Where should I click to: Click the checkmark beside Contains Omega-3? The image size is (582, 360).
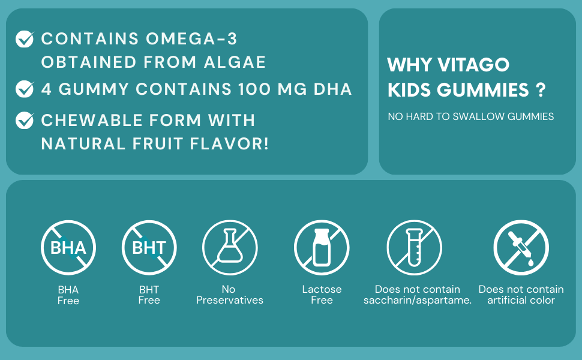coord(25,39)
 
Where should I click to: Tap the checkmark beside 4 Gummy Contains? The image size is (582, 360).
coord(25,89)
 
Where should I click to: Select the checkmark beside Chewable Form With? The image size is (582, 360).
coord(25,120)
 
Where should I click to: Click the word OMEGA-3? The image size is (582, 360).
coord(191,39)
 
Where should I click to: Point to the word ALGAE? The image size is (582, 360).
coord(235,62)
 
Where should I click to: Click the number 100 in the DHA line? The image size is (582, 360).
coord(254,89)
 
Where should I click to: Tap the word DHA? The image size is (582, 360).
coord(332,89)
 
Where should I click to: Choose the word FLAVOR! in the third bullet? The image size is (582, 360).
coord(229,143)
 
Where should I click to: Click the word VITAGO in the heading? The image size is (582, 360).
coord(473,65)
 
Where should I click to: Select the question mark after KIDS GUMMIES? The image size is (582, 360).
coord(541,90)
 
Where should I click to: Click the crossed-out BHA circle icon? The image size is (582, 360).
coord(68,248)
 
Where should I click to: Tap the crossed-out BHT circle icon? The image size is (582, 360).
coord(149,248)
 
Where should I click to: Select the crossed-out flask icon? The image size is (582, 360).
coord(230,248)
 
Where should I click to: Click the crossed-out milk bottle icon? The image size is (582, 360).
coord(322,248)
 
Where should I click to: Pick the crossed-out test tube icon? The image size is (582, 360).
coord(414,248)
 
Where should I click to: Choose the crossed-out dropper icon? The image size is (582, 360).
coord(521,248)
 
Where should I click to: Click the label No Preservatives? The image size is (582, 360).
coord(230,295)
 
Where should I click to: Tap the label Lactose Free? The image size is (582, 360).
coord(322,295)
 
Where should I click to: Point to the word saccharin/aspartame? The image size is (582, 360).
coord(418,300)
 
